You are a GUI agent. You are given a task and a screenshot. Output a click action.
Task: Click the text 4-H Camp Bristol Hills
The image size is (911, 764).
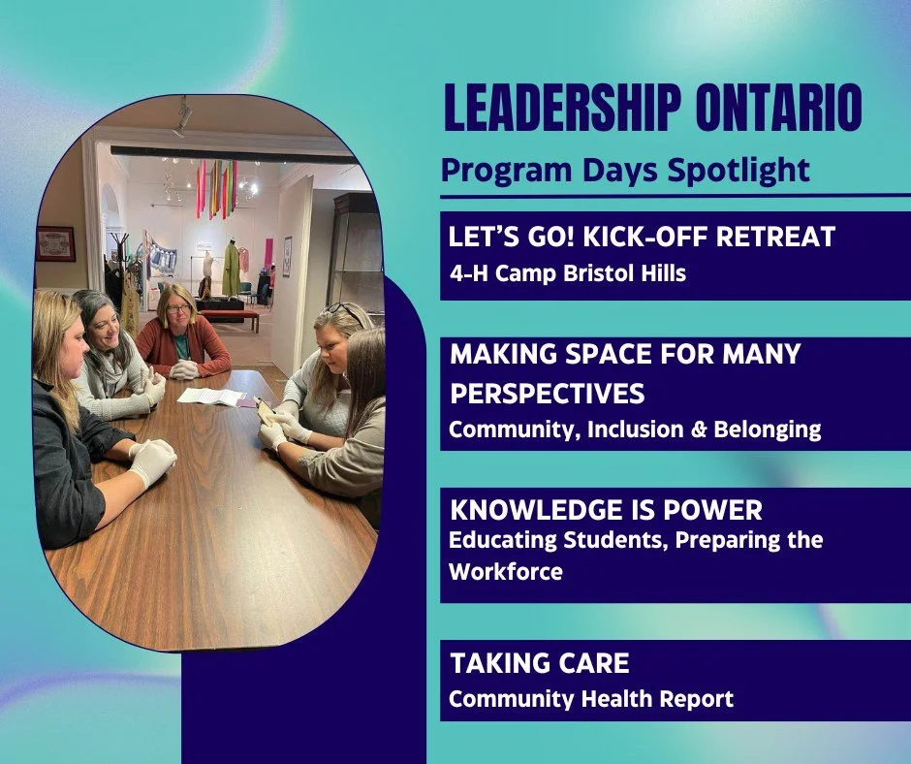point(567,273)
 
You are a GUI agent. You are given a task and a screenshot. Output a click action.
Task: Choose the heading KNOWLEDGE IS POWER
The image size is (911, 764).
point(606,510)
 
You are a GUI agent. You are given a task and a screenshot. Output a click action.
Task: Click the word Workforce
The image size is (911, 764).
point(505,572)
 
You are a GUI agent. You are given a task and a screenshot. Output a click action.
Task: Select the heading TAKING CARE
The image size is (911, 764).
point(540,664)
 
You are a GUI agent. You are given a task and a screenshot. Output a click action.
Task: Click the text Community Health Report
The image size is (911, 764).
point(591,698)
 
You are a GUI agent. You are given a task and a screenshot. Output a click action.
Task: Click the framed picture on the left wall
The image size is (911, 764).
point(55,243)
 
